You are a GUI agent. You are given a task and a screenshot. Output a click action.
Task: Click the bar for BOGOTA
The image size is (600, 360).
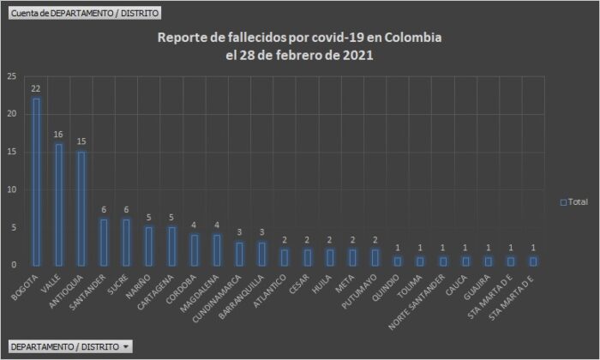36,182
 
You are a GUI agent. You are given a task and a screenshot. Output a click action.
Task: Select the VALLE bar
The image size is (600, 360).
58,204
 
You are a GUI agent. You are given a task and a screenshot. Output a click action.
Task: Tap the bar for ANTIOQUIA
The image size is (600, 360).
81,208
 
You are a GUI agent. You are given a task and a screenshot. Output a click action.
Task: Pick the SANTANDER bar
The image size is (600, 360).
104,242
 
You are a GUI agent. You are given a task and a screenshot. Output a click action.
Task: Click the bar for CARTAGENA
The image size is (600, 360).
171,246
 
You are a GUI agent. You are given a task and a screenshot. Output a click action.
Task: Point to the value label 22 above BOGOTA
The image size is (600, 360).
36,88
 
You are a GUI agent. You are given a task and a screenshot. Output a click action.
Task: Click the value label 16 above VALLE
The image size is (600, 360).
58,134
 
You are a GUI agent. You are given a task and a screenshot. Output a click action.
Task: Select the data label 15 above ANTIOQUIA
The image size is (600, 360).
81,141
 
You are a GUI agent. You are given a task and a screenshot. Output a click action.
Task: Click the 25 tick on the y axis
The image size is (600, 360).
11,76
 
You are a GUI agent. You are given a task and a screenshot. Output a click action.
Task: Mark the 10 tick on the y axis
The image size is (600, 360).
11,189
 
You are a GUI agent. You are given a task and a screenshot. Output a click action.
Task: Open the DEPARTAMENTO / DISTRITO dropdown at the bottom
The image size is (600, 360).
70,346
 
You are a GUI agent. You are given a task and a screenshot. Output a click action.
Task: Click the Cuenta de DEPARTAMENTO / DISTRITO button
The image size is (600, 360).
82,14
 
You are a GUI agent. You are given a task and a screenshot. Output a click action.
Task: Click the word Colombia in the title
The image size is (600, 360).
414,39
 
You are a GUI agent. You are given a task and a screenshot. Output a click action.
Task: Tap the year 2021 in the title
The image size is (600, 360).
357,56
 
